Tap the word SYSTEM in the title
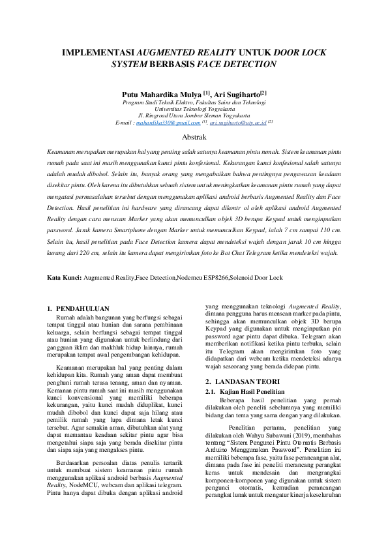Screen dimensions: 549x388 [x=130, y=64]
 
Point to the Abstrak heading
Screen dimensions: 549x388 [x=194, y=137]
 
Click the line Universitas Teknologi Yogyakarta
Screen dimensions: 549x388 [x=194, y=108]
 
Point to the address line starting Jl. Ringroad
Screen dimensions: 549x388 [x=194, y=115]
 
